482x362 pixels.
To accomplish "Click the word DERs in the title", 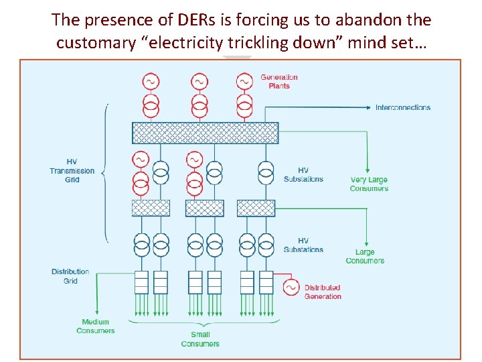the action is click(x=196, y=20).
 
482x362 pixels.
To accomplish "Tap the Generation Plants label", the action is click(x=279, y=82).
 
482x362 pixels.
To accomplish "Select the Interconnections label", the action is click(x=403, y=107).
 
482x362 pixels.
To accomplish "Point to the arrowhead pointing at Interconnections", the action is click(x=369, y=107).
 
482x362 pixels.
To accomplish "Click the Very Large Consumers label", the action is click(x=369, y=184).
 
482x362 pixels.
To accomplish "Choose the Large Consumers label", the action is click(x=365, y=256).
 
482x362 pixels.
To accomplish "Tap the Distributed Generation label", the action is click(x=323, y=292).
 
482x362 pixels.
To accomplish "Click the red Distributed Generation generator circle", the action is click(x=291, y=288).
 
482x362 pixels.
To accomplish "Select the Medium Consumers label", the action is click(x=95, y=326).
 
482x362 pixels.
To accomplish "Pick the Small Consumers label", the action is click(x=200, y=339).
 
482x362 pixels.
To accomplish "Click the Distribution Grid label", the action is click(x=70, y=276).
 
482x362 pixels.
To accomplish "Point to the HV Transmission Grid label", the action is click(x=72, y=170).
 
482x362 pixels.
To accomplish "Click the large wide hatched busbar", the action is click(x=206, y=133).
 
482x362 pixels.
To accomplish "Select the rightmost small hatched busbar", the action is click(x=256, y=208).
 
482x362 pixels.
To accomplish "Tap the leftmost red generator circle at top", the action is click(x=151, y=82).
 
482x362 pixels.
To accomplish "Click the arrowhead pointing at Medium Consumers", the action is click(x=97, y=312).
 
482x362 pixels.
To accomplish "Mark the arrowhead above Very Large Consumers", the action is click(x=367, y=170).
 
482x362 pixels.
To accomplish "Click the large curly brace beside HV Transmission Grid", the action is click(x=106, y=174).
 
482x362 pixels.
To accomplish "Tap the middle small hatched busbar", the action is click(x=205, y=208).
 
